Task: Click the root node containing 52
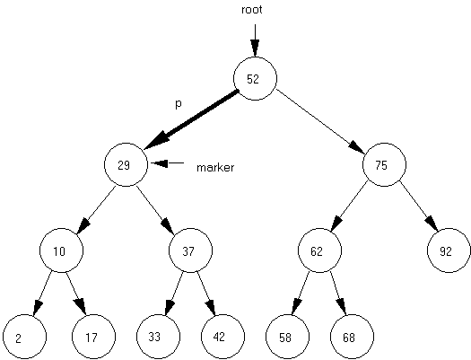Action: [255, 78]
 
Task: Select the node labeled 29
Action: [126, 164]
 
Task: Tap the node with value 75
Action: [384, 164]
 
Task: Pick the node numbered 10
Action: [61, 250]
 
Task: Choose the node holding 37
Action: [190, 250]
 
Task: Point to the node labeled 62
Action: [319, 250]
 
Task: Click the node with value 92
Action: [449, 250]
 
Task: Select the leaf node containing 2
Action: [24, 337]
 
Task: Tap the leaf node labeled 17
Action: [93, 337]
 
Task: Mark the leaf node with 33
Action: [158, 337]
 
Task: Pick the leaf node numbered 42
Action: [222, 337]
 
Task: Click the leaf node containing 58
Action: [287, 337]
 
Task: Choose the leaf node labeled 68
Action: [352, 337]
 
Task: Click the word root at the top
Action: [252, 10]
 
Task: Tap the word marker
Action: [215, 167]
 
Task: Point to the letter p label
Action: [179, 104]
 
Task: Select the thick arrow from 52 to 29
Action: [191, 119]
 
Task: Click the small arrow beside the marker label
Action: [167, 163]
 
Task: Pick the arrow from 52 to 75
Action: [320, 119]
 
